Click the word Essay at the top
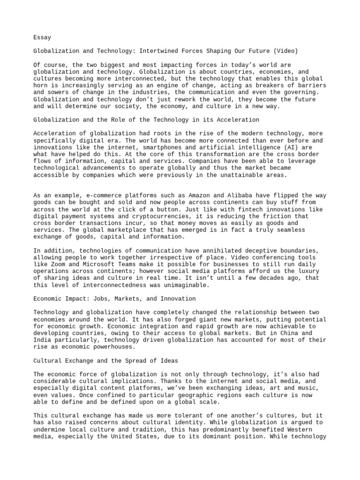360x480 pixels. [42, 37]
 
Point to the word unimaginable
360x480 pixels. [183, 285]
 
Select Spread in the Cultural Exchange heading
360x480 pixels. [134, 360]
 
